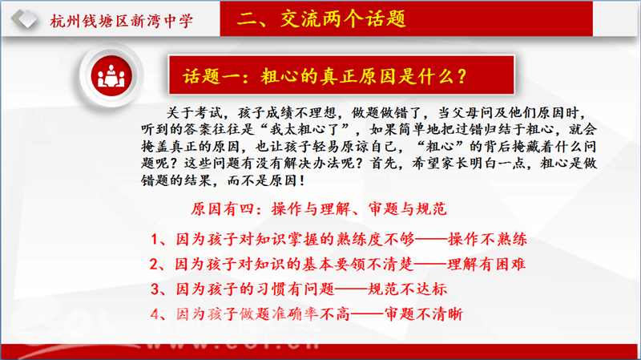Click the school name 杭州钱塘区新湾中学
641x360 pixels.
(122, 21)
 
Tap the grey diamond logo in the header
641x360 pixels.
(24, 18)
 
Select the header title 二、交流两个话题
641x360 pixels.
(322, 18)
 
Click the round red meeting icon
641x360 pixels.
(111, 76)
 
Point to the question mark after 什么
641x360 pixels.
(462, 76)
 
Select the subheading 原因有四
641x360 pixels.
(220, 209)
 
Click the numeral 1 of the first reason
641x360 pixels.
(154, 239)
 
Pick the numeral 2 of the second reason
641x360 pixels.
(154, 265)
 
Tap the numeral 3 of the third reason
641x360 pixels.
(155, 289)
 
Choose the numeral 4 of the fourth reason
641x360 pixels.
(155, 314)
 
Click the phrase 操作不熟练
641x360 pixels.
(488, 239)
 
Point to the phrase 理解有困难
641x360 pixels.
(486, 265)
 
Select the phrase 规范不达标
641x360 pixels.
(408, 289)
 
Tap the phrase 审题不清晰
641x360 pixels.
(424, 314)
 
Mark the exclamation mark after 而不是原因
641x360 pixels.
(302, 180)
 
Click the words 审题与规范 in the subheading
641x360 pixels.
(407, 209)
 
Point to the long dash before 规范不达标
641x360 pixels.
(351, 289)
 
